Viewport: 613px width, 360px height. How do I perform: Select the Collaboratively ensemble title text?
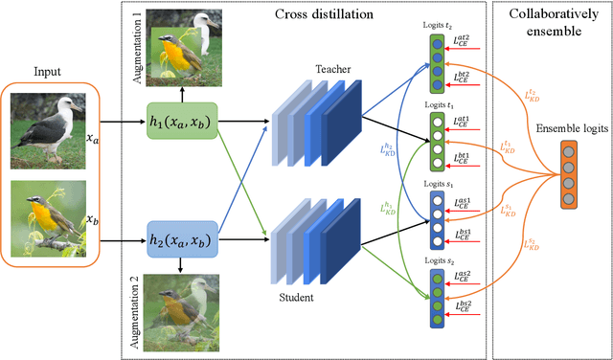pyautogui.click(x=552, y=22)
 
